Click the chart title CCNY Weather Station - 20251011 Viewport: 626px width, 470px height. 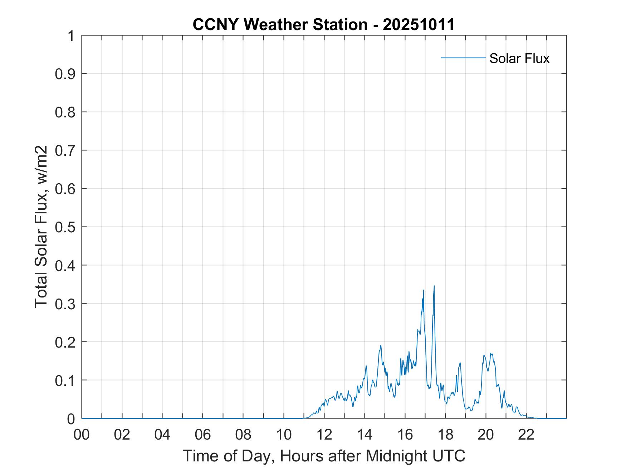[x=323, y=25]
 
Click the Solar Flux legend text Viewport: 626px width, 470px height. [x=519, y=58]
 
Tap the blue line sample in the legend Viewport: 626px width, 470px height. [x=463, y=58]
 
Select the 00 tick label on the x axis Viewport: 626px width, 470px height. [x=82, y=435]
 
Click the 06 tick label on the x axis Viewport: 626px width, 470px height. [x=203, y=435]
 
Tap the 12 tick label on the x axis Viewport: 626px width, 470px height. [x=324, y=435]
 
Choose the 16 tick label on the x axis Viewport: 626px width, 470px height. [x=405, y=435]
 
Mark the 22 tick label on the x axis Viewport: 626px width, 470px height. [x=526, y=435]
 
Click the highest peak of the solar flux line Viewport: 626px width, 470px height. [x=434, y=286]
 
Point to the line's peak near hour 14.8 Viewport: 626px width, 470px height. [x=381, y=345]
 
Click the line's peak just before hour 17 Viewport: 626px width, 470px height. [x=424, y=290]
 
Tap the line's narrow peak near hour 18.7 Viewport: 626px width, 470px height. [x=460, y=363]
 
